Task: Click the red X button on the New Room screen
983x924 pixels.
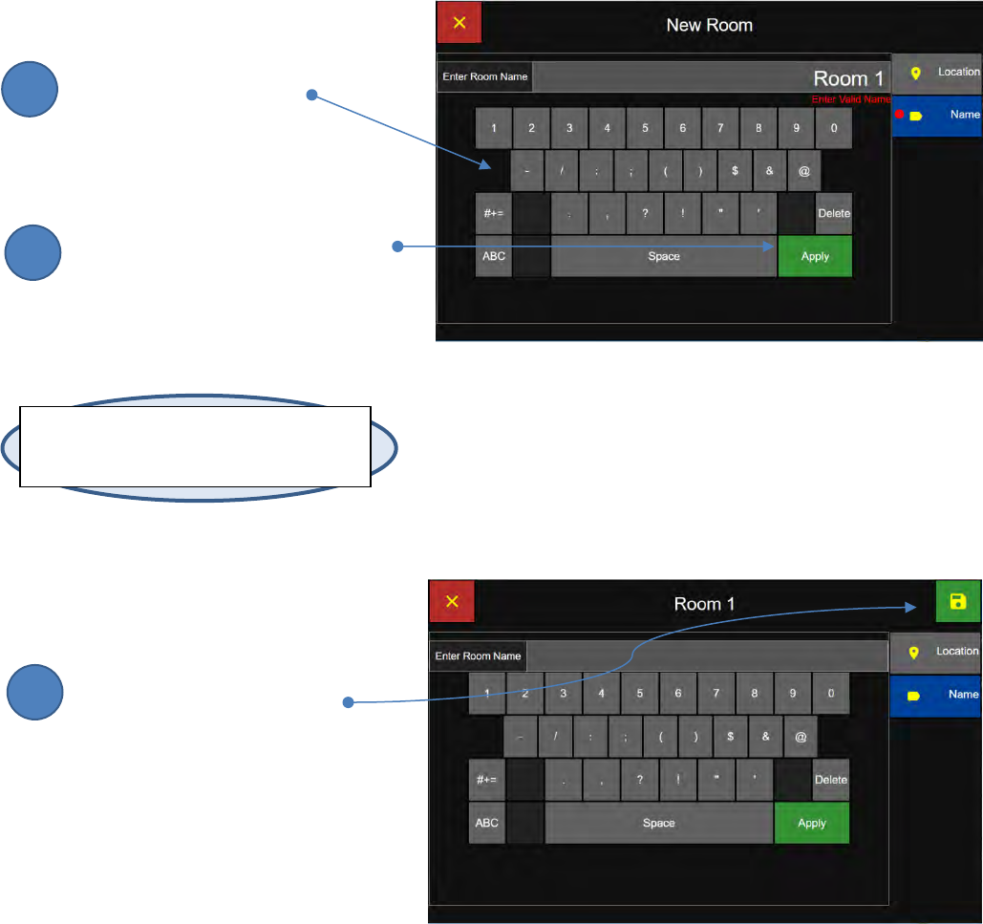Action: (459, 23)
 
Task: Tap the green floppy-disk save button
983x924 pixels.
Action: (958, 601)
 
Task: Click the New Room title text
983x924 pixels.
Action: (709, 25)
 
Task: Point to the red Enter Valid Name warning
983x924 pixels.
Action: (850, 98)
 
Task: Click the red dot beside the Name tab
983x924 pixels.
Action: (899, 115)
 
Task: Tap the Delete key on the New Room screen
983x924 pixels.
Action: (834, 213)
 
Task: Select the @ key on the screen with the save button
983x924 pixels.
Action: (801, 738)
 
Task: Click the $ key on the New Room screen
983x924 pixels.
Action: (735, 170)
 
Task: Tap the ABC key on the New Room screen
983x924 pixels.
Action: (494, 256)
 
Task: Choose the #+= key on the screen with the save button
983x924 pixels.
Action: (486, 780)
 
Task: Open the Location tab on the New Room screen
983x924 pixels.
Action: (937, 73)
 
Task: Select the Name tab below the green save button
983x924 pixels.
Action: (936, 695)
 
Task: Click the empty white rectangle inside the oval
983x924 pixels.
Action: (195, 446)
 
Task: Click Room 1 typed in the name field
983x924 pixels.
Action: (848, 78)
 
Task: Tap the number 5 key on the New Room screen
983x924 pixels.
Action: (645, 128)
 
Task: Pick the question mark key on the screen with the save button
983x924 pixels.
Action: (639, 780)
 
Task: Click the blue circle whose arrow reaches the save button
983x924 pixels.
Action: (36, 693)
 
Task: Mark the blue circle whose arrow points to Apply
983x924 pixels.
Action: (32, 253)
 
